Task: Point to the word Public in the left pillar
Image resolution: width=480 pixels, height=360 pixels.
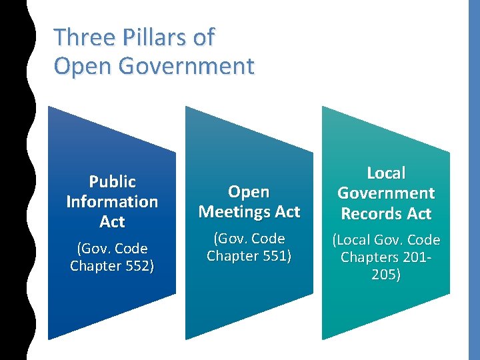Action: pos(112,181)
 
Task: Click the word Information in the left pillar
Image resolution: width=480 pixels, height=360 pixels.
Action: pos(112,201)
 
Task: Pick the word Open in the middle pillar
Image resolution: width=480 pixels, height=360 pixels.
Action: pos(249,192)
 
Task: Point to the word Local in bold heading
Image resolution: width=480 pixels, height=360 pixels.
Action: pos(386,173)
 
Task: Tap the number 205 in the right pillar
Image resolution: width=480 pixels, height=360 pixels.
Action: pos(386,275)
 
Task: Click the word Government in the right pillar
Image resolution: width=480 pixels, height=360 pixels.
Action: pos(386,193)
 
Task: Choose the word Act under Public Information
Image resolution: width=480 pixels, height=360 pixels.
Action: pos(112,221)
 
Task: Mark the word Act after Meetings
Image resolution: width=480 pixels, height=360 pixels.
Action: pos(288,212)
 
